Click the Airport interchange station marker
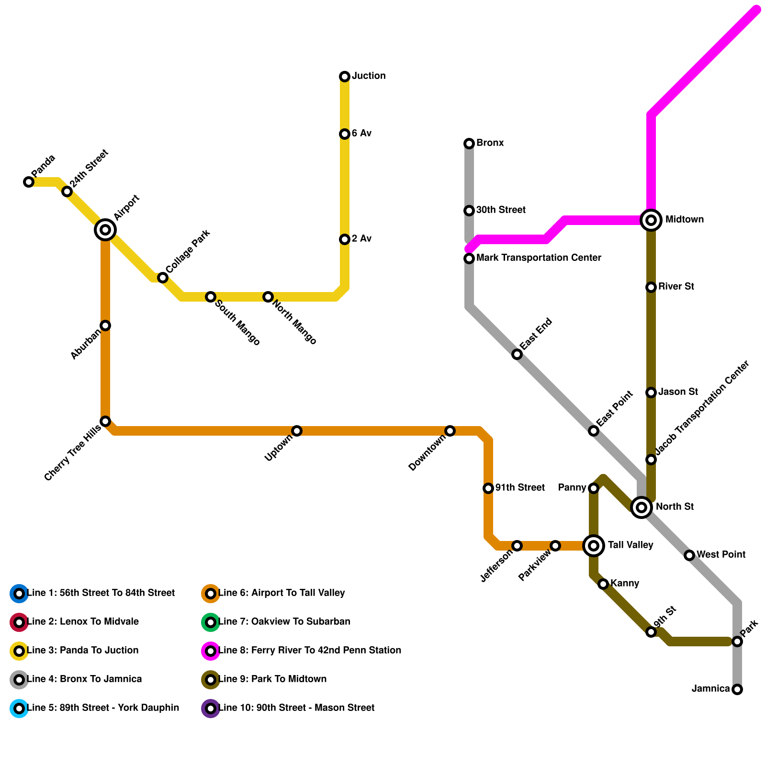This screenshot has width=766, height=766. click(105, 230)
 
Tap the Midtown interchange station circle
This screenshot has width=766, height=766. click(651, 220)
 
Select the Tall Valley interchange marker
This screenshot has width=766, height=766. click(594, 545)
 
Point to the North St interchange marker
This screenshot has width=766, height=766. click(642, 507)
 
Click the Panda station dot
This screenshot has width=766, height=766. click(29, 182)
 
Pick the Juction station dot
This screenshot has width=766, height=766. click(345, 77)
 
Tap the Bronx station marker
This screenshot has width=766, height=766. click(469, 144)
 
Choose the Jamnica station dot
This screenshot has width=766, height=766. click(737, 689)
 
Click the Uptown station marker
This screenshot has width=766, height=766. click(297, 431)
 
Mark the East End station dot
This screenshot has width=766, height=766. click(517, 354)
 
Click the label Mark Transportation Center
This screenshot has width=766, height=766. click(539, 258)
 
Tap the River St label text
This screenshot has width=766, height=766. click(676, 287)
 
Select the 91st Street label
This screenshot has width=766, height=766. click(520, 488)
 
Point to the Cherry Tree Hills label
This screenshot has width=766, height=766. click(72, 453)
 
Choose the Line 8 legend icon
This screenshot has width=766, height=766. click(211, 651)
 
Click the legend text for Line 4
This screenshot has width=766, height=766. click(84, 679)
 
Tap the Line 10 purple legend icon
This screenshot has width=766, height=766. click(211, 709)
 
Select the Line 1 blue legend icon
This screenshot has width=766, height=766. click(19, 594)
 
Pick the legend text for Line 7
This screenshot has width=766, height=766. click(284, 622)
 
